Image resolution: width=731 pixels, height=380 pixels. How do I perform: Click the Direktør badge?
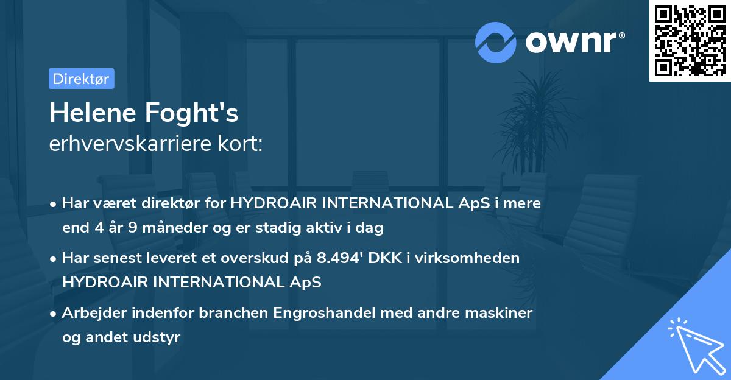tap(81, 79)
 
